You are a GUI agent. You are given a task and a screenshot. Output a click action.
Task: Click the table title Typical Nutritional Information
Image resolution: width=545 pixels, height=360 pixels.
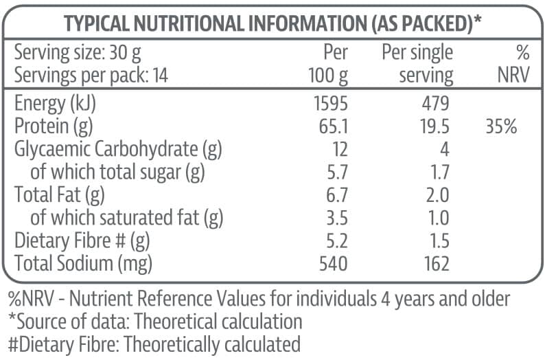(x=272, y=23)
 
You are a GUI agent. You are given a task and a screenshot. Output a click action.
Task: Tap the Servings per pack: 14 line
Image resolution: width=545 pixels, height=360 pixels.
(x=91, y=75)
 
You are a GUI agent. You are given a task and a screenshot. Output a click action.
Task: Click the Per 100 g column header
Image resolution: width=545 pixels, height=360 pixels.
(x=328, y=63)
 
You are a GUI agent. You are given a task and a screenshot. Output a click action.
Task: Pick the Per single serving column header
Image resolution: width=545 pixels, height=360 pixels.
(x=417, y=63)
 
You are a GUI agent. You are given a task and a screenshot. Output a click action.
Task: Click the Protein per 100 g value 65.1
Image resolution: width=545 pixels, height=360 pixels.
(x=332, y=126)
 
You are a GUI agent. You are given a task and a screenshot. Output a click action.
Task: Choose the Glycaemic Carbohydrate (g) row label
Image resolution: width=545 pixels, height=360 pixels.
(x=118, y=149)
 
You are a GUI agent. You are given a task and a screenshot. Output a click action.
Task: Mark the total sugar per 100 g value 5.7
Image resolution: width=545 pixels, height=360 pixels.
(x=335, y=172)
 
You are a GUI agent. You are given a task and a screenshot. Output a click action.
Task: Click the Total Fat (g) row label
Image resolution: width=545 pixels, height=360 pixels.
(x=59, y=195)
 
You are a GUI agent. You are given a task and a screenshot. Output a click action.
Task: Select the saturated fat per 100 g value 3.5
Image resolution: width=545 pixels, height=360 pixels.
(x=335, y=218)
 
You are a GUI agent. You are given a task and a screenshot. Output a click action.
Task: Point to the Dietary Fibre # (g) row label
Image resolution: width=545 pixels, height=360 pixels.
(x=82, y=240)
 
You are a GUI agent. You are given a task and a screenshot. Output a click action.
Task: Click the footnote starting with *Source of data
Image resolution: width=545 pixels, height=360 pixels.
(x=154, y=321)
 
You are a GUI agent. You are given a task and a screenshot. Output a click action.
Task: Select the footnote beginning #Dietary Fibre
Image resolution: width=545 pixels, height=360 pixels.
(x=154, y=344)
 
